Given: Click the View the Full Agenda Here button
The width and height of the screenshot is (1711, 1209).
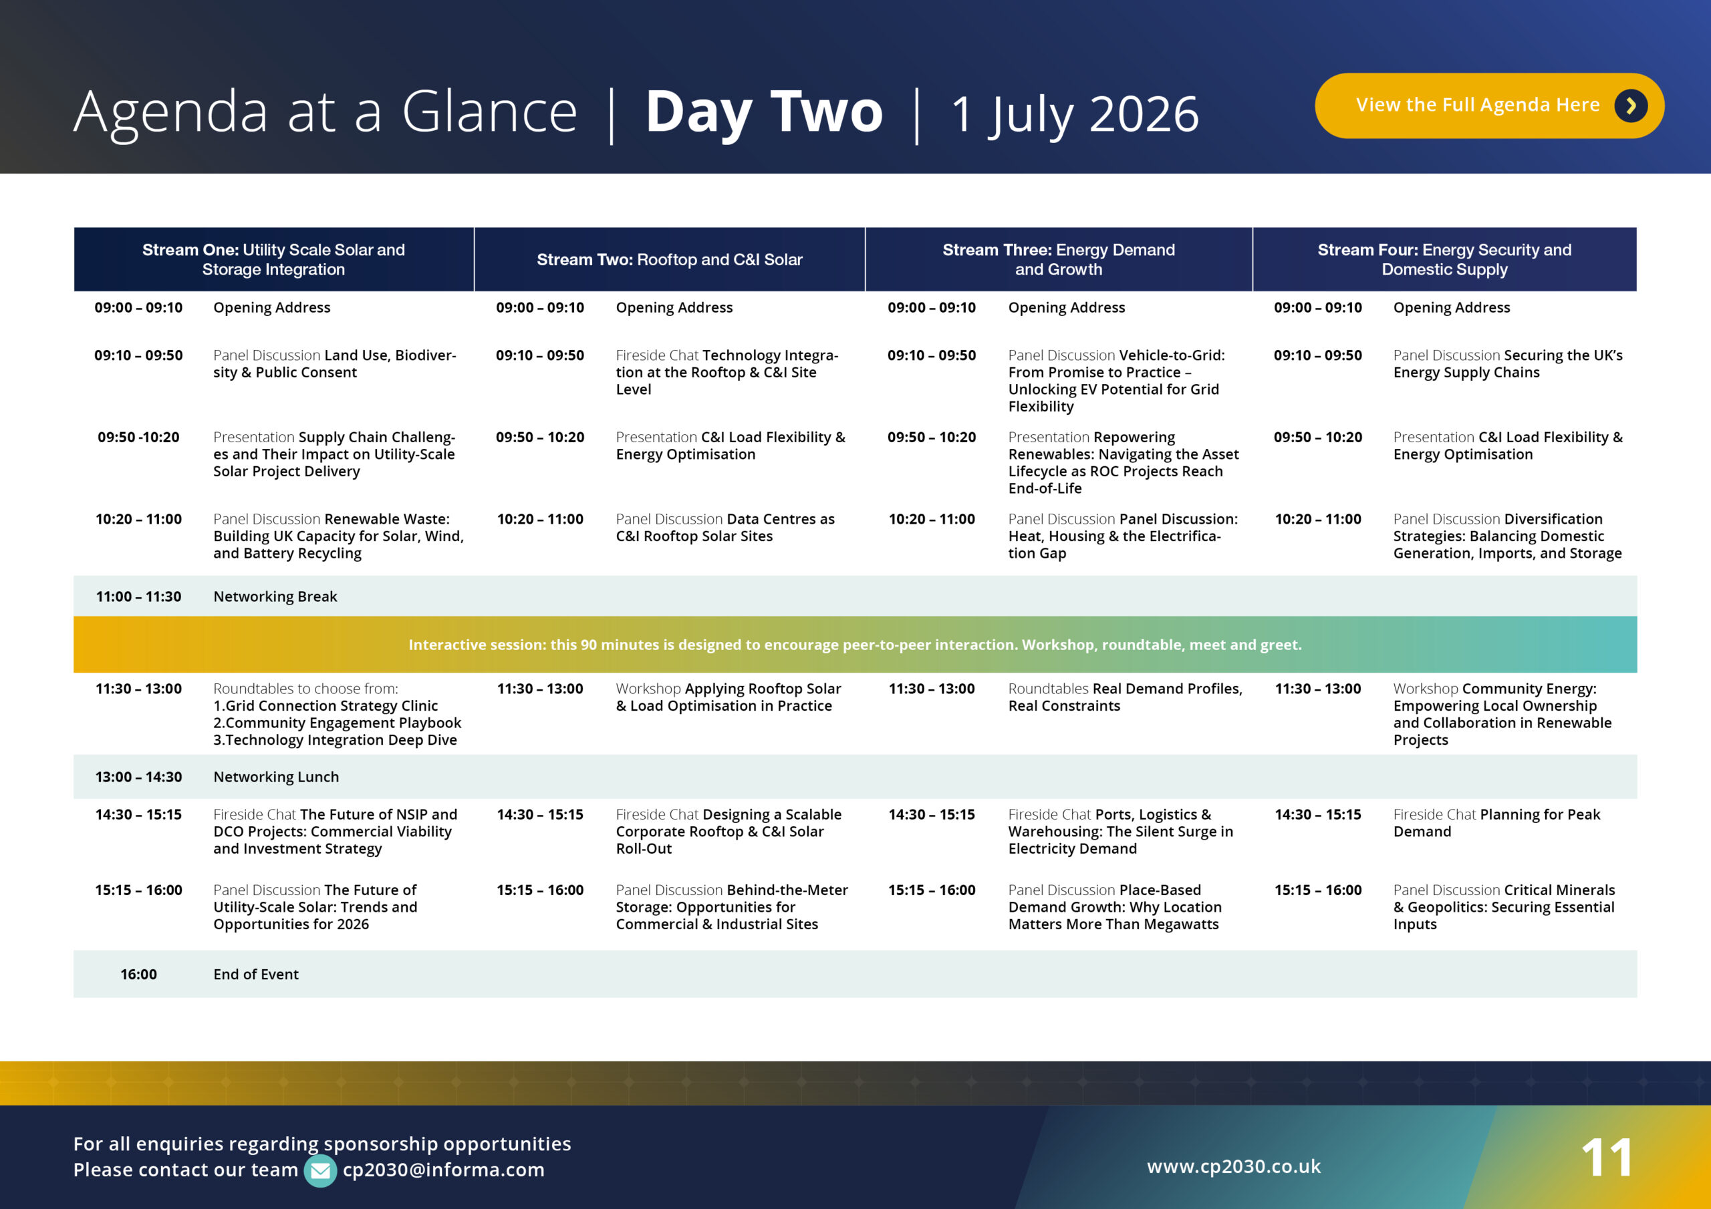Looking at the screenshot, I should tap(1477, 105).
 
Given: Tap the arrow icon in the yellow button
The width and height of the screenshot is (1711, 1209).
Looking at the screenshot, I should tap(1631, 106).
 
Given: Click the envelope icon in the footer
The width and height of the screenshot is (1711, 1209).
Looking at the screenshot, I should tap(319, 1170).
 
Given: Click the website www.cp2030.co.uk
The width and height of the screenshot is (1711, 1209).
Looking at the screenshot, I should tap(1233, 1166).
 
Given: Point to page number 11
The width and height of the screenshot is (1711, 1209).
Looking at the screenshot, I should tap(1607, 1158).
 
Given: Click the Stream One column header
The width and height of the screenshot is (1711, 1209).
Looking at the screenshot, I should tap(273, 259).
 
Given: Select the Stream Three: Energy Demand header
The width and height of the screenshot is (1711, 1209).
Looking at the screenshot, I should tap(1058, 259).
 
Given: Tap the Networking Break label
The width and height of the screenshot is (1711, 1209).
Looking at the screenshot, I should tap(275, 596).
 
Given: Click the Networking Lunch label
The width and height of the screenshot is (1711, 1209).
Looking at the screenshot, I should tap(276, 777).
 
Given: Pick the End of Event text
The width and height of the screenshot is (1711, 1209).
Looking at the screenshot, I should tap(255, 975).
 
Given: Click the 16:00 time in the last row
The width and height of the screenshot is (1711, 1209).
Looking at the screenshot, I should tap(138, 975).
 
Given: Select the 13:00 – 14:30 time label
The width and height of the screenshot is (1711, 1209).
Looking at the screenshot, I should tap(138, 777).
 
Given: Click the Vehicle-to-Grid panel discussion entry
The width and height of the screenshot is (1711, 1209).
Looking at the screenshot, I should tap(1115, 381).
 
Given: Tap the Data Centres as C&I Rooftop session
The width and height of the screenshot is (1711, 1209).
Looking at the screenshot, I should tap(725, 528).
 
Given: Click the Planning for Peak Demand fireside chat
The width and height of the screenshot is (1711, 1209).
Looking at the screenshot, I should tap(1496, 823).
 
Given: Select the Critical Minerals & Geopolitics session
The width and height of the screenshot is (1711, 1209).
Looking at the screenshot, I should tap(1504, 906).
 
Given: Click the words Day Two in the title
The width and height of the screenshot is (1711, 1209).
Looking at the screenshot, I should tap(764, 112).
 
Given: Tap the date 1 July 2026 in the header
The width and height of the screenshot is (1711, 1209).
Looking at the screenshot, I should tap(1075, 114).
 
